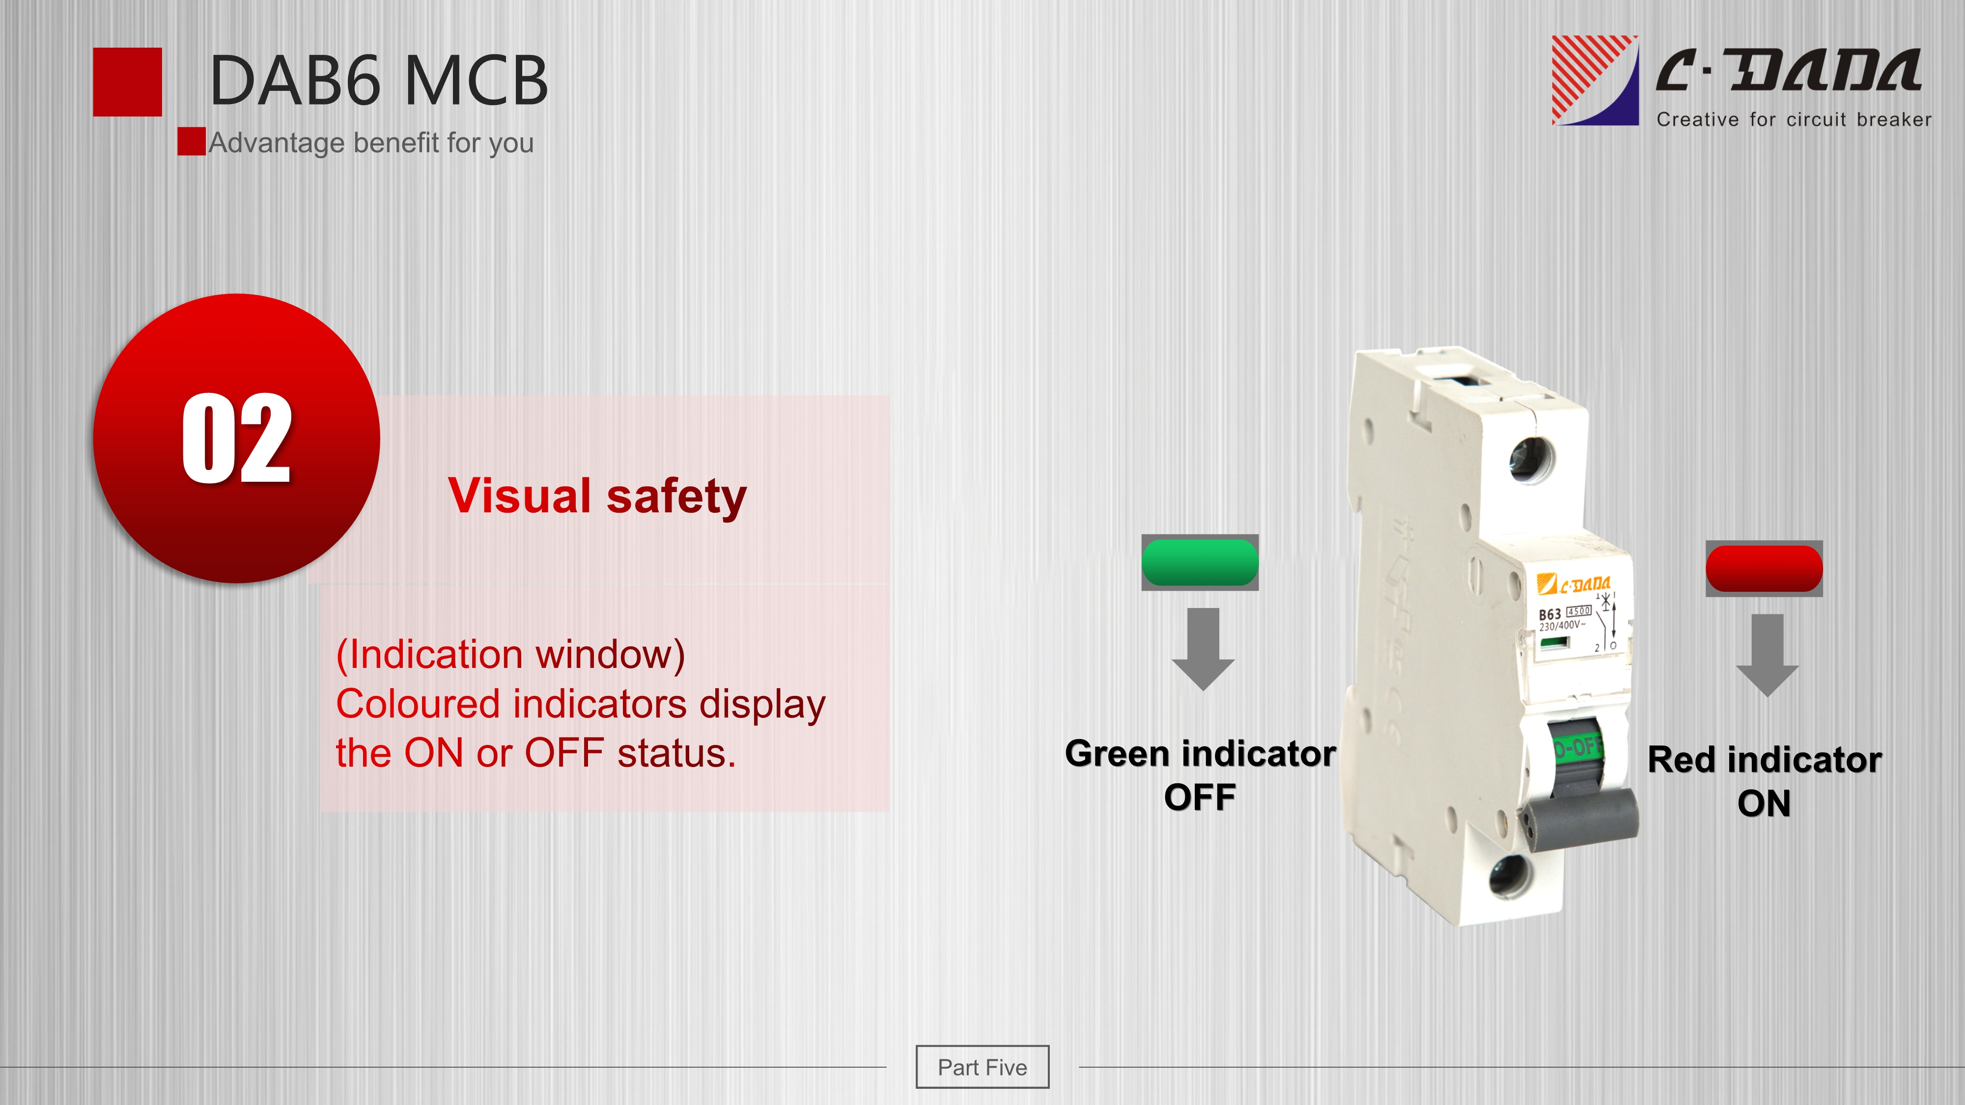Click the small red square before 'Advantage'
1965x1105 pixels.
pyautogui.click(x=192, y=141)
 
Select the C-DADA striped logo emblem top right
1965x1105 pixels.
pyautogui.click(x=1595, y=80)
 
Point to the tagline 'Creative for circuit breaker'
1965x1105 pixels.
pyautogui.click(x=1794, y=120)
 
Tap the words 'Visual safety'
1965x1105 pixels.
pyautogui.click(x=597, y=497)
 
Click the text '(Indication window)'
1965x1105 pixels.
pyautogui.click(x=510, y=654)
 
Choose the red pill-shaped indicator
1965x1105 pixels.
pyautogui.click(x=1765, y=569)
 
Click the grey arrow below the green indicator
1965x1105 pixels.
pyautogui.click(x=1203, y=649)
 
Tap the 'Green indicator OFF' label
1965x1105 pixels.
pyautogui.click(x=1201, y=775)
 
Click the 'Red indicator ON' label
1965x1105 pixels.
pyautogui.click(x=1765, y=781)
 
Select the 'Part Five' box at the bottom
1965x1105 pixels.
pyautogui.click(x=982, y=1067)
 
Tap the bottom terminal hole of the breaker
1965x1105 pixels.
pyautogui.click(x=1511, y=875)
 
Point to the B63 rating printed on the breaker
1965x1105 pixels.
pyautogui.click(x=1549, y=614)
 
